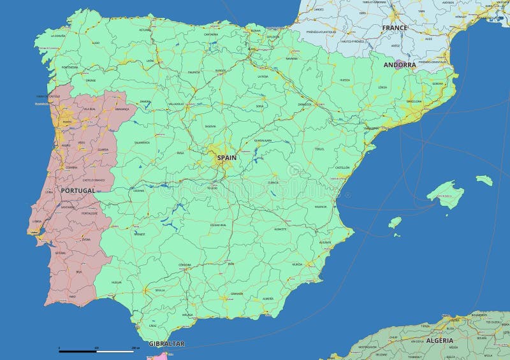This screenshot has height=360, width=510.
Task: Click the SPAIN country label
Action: (x=226, y=157)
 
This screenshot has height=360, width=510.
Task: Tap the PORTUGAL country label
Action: (x=78, y=191)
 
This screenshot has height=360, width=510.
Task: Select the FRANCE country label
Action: (x=395, y=28)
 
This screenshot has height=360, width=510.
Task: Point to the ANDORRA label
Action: (x=400, y=65)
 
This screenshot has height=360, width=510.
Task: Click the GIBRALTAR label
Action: (x=166, y=343)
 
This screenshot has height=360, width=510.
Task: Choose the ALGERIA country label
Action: (x=440, y=340)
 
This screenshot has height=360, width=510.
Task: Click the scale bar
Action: (x=96, y=350)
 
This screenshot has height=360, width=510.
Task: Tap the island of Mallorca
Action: (x=446, y=194)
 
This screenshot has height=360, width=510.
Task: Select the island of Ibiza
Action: (x=395, y=222)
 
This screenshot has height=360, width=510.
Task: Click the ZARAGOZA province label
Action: (x=304, y=104)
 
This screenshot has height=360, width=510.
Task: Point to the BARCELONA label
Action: (x=414, y=101)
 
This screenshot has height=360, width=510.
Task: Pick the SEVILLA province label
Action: (x=159, y=290)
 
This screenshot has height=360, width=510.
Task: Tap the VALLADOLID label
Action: (x=175, y=104)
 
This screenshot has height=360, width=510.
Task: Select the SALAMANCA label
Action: (x=142, y=143)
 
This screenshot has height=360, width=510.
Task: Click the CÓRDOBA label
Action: (x=185, y=264)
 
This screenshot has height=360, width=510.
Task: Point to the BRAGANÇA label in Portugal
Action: (x=122, y=109)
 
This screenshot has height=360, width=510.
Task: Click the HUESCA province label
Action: (x=345, y=80)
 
